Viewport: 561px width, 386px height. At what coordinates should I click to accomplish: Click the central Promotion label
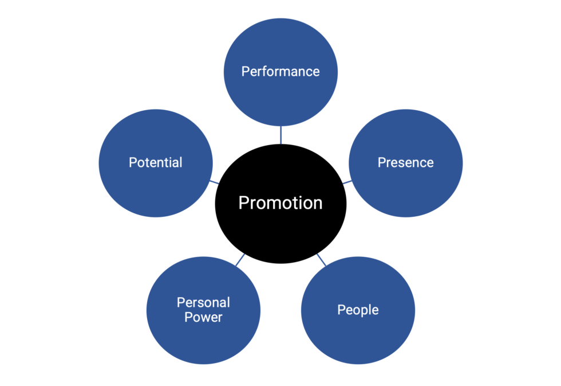pos(280,203)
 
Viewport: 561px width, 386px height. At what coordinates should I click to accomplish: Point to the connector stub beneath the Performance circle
pos(280,135)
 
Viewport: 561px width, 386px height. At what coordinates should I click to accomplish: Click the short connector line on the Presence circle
pos(347,182)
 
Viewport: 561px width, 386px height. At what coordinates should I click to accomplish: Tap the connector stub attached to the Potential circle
pos(214,182)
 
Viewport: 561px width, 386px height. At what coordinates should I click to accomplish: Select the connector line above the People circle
pos(321,260)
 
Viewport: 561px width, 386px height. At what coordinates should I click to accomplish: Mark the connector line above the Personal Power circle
pos(240,260)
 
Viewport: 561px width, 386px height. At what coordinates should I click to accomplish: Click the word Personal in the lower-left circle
pos(203,303)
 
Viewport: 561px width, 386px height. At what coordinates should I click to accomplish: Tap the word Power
pos(203,317)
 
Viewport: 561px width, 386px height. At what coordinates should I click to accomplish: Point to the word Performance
pos(280,72)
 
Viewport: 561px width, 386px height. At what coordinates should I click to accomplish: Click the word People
pos(358,310)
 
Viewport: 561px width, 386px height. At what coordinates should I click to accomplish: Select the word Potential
pos(156,163)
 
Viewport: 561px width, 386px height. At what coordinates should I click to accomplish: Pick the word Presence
pos(405,163)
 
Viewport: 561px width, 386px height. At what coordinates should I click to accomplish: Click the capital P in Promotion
pos(243,203)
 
